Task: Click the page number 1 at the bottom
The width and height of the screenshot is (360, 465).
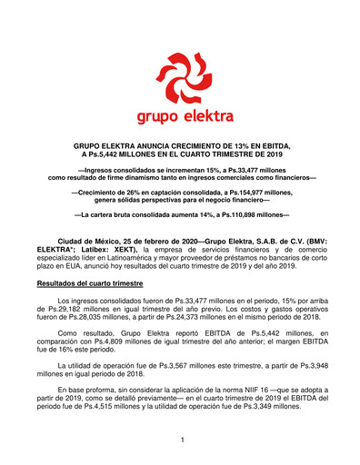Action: (182, 440)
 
